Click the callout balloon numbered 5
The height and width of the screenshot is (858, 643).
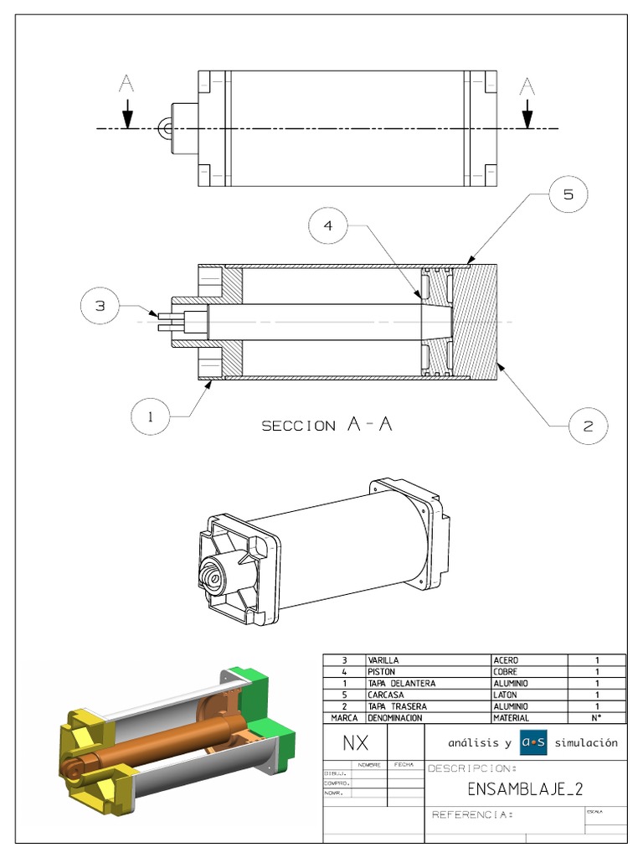pyautogui.click(x=568, y=195)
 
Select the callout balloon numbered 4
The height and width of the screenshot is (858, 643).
pyautogui.click(x=329, y=225)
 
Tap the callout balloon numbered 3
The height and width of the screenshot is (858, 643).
pyautogui.click(x=100, y=307)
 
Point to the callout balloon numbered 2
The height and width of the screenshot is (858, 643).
pyautogui.click(x=588, y=425)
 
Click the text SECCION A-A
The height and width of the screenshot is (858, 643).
pyautogui.click(x=327, y=425)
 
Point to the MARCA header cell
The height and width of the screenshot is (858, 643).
pyautogui.click(x=344, y=718)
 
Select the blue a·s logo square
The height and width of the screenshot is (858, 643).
pyautogui.click(x=532, y=742)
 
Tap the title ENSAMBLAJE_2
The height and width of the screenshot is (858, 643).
pyautogui.click(x=524, y=788)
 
